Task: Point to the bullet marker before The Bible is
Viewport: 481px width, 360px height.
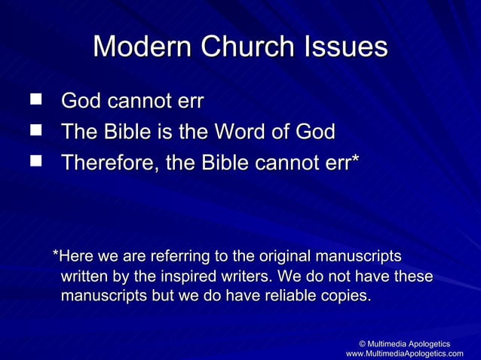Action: tap(33, 132)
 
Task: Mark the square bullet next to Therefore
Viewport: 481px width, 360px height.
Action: tap(33, 163)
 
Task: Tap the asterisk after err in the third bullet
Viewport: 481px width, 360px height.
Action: tap(355, 159)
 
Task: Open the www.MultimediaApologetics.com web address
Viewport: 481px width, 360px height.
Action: tap(409, 353)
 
